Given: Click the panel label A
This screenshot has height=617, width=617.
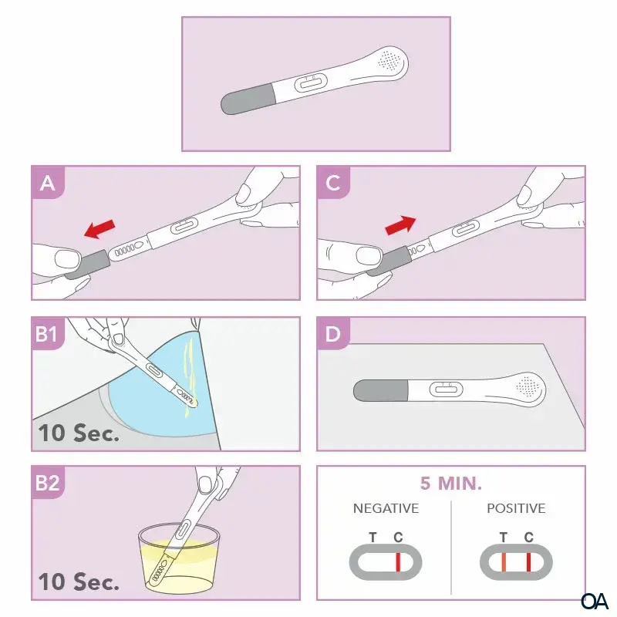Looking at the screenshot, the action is [x=48, y=183].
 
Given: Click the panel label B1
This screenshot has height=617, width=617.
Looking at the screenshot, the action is [x=46, y=334].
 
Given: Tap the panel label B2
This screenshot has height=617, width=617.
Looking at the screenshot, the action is [x=47, y=483].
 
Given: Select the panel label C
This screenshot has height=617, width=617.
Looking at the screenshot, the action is [x=333, y=183].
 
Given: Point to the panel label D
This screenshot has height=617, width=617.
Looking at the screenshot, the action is [x=333, y=334].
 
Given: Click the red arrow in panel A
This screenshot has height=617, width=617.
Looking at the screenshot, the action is [x=100, y=228].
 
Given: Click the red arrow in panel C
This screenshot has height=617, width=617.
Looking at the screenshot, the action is [x=400, y=225].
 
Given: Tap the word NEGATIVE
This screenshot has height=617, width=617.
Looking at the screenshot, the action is [x=386, y=508].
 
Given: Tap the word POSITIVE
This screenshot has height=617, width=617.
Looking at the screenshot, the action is [x=516, y=508].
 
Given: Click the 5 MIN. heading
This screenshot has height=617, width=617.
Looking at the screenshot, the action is [x=451, y=484].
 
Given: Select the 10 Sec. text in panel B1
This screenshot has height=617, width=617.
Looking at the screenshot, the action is [x=79, y=433].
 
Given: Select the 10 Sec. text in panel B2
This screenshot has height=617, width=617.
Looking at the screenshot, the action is [x=79, y=582].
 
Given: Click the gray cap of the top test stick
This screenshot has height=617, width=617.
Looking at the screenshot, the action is [x=248, y=99].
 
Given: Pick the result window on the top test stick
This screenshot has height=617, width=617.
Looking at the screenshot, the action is [x=311, y=83].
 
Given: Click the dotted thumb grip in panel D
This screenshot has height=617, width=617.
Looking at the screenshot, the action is [x=528, y=386].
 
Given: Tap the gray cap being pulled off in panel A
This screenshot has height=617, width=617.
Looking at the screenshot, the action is [x=87, y=264].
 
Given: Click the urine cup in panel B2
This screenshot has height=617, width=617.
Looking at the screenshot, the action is [x=179, y=558].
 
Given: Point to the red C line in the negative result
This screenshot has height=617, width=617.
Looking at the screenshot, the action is [x=398, y=562].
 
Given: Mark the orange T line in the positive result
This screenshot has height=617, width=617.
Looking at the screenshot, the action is [x=504, y=562].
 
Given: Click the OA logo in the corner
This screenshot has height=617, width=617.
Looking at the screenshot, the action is [x=595, y=601].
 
